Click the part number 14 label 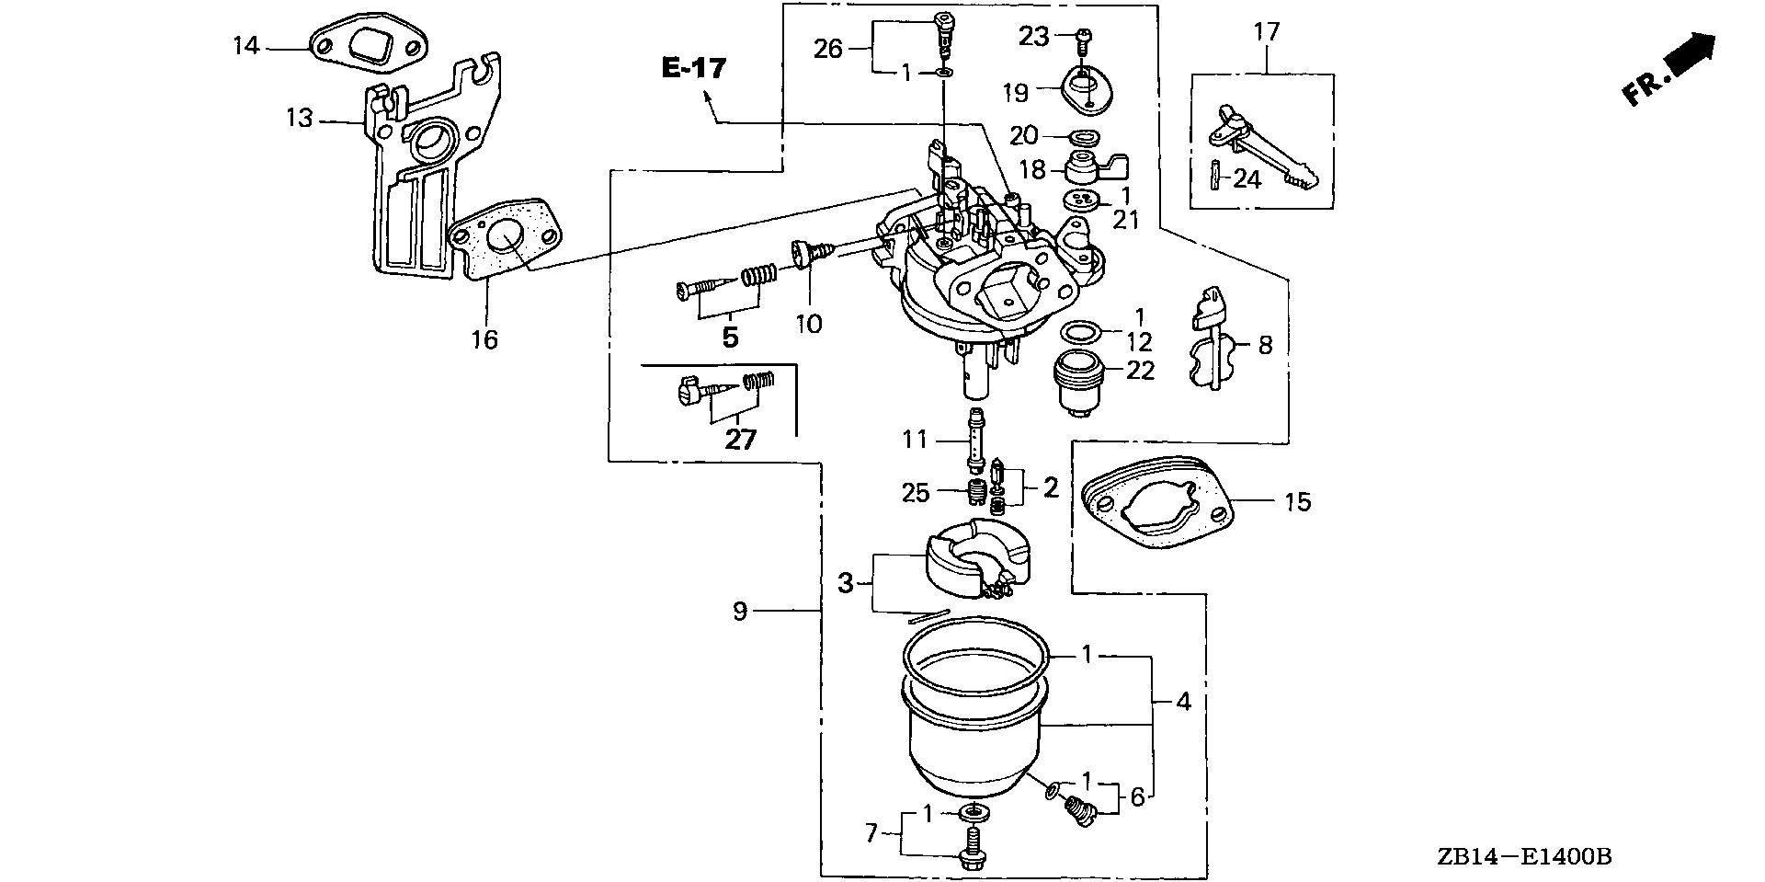coord(245,45)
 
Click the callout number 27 coord(740,441)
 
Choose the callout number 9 coord(740,612)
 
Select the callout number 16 coord(484,339)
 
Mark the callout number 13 coord(300,119)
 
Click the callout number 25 coord(916,493)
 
